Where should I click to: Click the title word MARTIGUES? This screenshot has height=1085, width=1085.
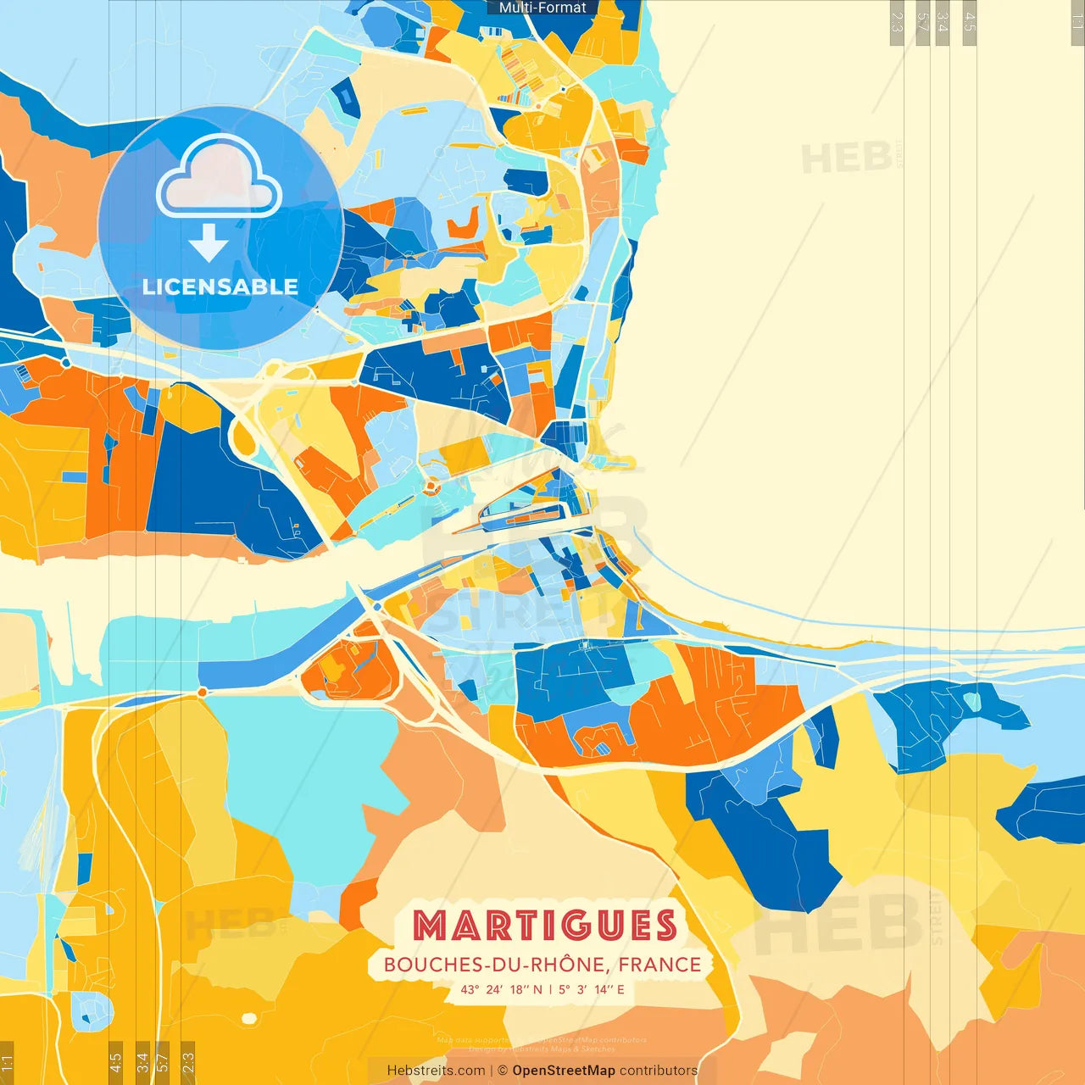[545, 926]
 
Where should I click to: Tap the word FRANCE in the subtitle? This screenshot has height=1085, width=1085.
[659, 965]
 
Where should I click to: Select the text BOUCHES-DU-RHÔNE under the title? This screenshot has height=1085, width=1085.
[494, 965]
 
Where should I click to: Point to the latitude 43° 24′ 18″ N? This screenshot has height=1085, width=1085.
[501, 989]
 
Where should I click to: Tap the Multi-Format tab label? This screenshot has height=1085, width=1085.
[542, 8]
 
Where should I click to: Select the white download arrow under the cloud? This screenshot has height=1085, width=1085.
[209, 243]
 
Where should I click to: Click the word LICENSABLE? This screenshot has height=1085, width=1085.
[220, 287]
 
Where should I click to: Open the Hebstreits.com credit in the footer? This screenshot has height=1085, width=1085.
[436, 1071]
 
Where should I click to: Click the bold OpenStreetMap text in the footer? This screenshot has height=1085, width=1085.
[564, 1071]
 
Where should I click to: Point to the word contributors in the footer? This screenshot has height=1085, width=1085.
[659, 1071]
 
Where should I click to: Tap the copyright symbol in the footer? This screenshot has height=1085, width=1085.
[503, 1071]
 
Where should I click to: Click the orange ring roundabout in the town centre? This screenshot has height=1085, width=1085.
[431, 487]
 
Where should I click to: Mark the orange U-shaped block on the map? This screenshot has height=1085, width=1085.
[463, 224]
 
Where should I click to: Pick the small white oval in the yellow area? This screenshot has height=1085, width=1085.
[248, 1018]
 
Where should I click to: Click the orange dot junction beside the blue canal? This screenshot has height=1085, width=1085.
[202, 693]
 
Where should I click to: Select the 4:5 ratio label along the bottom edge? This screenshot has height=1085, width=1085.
[115, 1061]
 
